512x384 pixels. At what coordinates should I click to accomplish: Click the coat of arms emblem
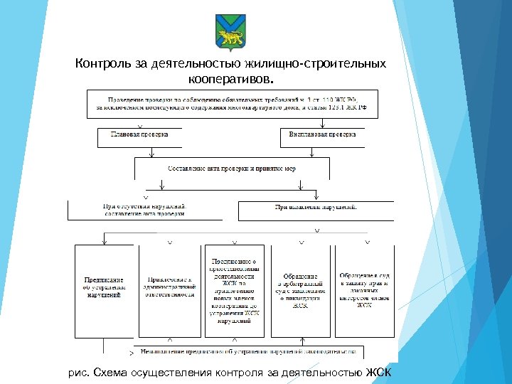coord(229,31)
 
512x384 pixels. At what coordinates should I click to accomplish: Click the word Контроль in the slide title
coord(104,64)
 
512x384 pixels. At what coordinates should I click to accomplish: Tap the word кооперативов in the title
coord(230,78)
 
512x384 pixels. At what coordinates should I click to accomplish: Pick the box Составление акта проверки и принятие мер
coord(232,169)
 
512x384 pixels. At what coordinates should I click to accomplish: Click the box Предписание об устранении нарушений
coord(105,287)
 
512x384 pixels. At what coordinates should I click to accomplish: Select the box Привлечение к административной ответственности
coord(169,287)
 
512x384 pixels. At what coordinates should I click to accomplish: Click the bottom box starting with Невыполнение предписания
coord(247,351)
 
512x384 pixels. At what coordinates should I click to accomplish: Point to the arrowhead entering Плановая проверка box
coord(140,126)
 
